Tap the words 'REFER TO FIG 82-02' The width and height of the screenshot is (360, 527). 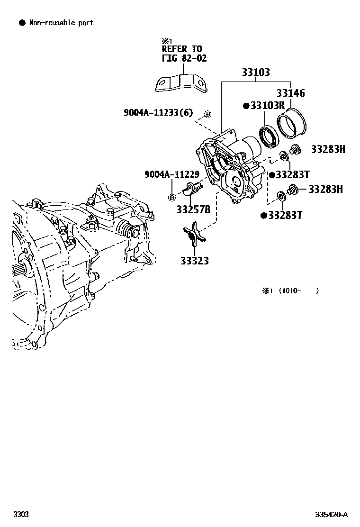pos(182,54)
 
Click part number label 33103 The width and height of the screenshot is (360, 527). pos(256,73)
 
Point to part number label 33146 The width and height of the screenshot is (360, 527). pos(291,93)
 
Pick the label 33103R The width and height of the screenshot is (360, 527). pos(267,106)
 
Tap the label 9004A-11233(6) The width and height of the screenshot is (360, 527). pos(159,112)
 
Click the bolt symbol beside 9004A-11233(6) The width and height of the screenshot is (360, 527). pos(207,114)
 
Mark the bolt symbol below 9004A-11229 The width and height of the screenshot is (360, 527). pos(172,197)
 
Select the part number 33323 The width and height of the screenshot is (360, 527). pos(194,261)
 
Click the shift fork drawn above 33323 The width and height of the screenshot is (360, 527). pos(194,236)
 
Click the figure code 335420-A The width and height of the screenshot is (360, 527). pos(332,515)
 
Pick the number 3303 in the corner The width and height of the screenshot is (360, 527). pos(21,515)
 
